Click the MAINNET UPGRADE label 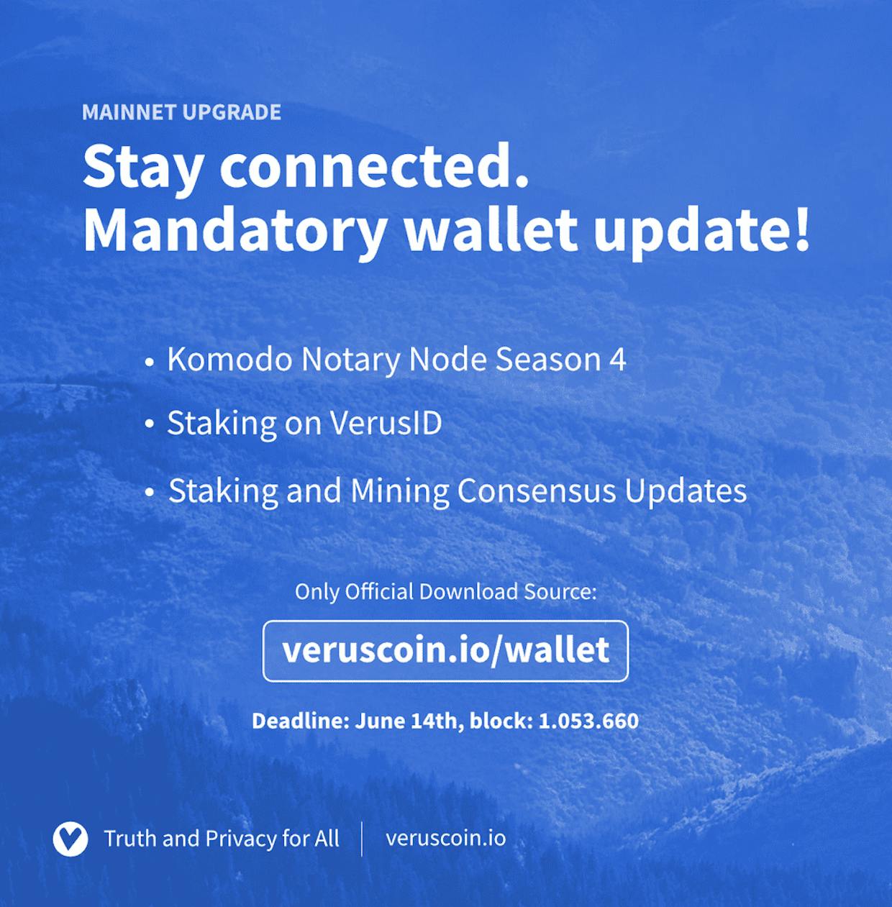(x=181, y=112)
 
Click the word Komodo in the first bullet (x=229, y=359)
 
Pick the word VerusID (x=386, y=423)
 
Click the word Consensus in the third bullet (x=537, y=491)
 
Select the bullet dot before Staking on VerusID (x=150, y=424)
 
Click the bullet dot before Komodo (x=150, y=363)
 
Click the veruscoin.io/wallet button (x=445, y=651)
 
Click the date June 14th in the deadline (x=406, y=721)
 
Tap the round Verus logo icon (x=70, y=839)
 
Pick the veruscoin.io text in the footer (x=445, y=838)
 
